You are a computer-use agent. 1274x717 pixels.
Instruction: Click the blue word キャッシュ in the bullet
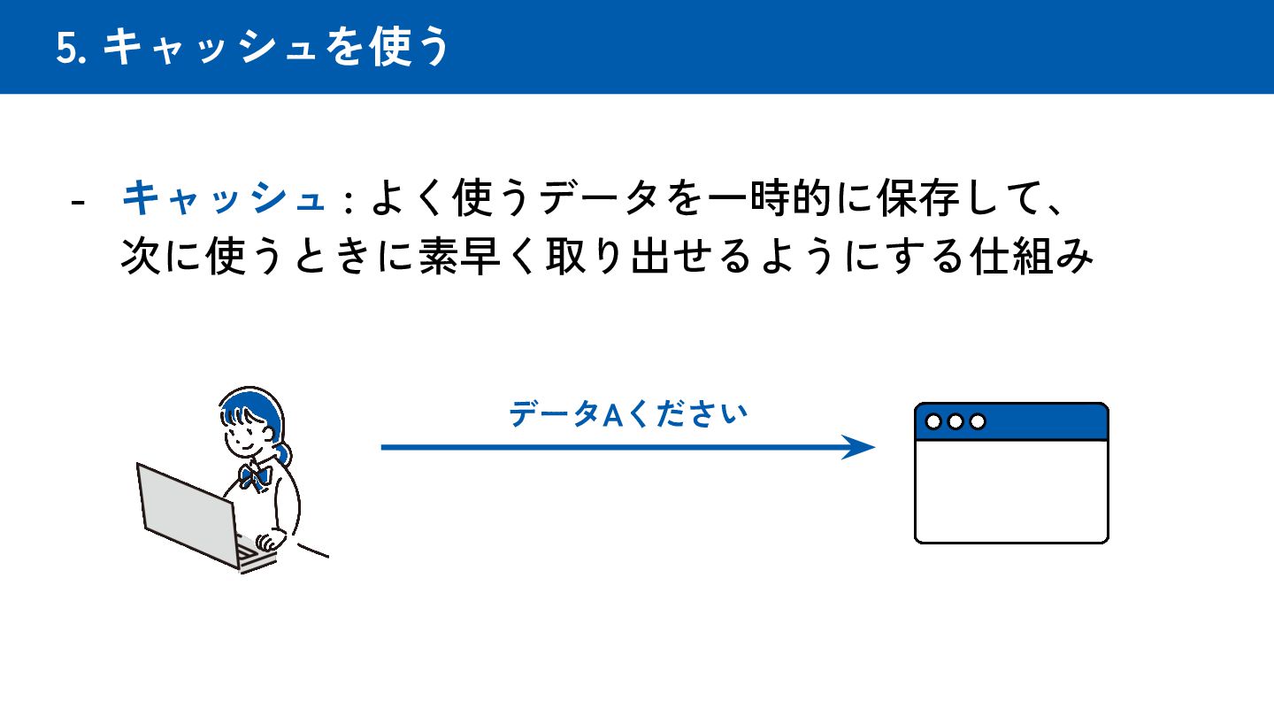click(x=223, y=198)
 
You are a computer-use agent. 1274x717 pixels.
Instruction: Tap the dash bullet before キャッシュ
click(x=78, y=202)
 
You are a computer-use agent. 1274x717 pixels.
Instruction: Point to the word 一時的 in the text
click(x=766, y=198)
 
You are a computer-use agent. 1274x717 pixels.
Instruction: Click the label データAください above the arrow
click(x=628, y=414)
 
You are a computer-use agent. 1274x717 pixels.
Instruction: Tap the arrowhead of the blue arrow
click(x=860, y=447)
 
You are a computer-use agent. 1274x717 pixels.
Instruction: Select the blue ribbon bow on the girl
click(x=255, y=476)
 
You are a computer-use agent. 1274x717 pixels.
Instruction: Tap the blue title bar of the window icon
click(x=1044, y=421)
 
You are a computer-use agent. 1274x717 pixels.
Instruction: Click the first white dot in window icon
click(x=933, y=421)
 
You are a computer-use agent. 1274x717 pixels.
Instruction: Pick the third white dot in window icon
click(x=978, y=421)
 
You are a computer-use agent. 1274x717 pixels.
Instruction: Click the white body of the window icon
click(x=1011, y=490)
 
